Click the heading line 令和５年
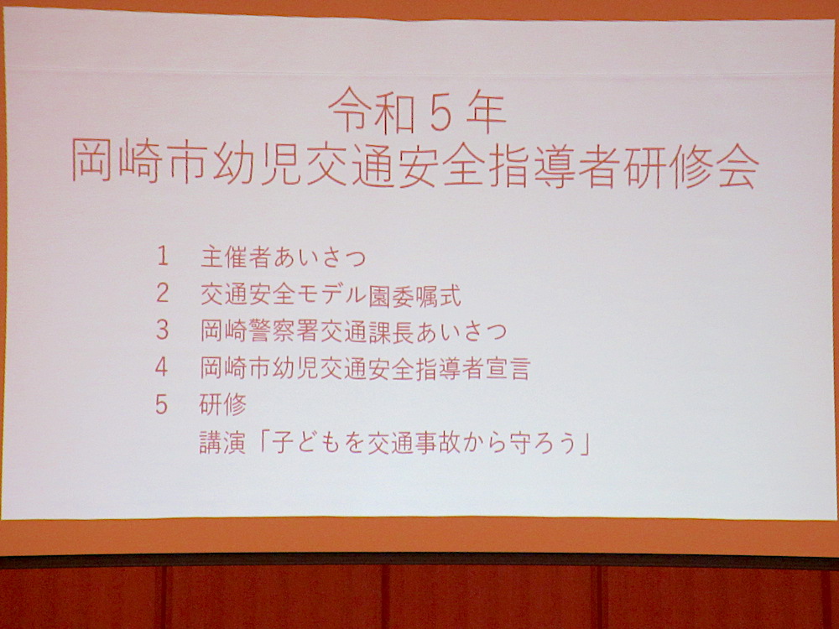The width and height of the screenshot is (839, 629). (x=417, y=111)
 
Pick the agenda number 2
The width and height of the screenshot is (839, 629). (x=162, y=293)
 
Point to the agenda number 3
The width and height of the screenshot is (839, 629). (x=162, y=330)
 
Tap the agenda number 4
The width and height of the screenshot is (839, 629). (x=162, y=367)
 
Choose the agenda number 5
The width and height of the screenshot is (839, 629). (x=162, y=405)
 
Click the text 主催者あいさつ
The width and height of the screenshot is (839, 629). (x=284, y=257)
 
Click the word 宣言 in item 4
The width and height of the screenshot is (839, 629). (x=507, y=369)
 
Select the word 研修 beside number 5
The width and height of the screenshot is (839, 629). (x=223, y=405)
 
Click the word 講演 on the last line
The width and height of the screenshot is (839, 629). (x=222, y=443)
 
